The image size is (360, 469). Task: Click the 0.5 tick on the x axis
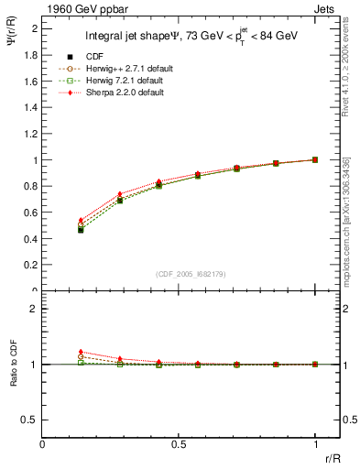tap(179, 443)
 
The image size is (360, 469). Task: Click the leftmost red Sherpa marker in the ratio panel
tap(81, 352)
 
